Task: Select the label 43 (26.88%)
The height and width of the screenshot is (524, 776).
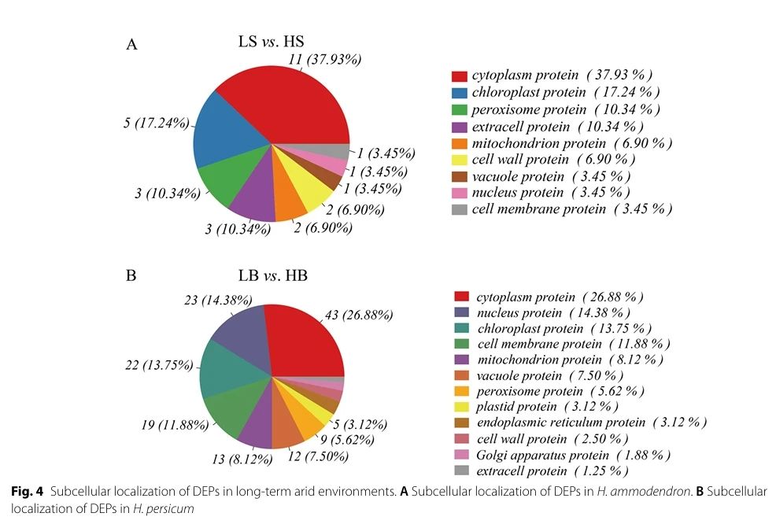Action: pyautogui.click(x=358, y=316)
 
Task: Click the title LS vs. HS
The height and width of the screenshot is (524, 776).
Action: pyautogui.click(x=273, y=40)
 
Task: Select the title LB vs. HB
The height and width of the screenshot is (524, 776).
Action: pyautogui.click(x=273, y=276)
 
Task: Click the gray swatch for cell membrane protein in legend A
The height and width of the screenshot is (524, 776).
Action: pyautogui.click(x=460, y=209)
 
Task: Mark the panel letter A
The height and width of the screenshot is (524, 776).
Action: pyautogui.click(x=131, y=44)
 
